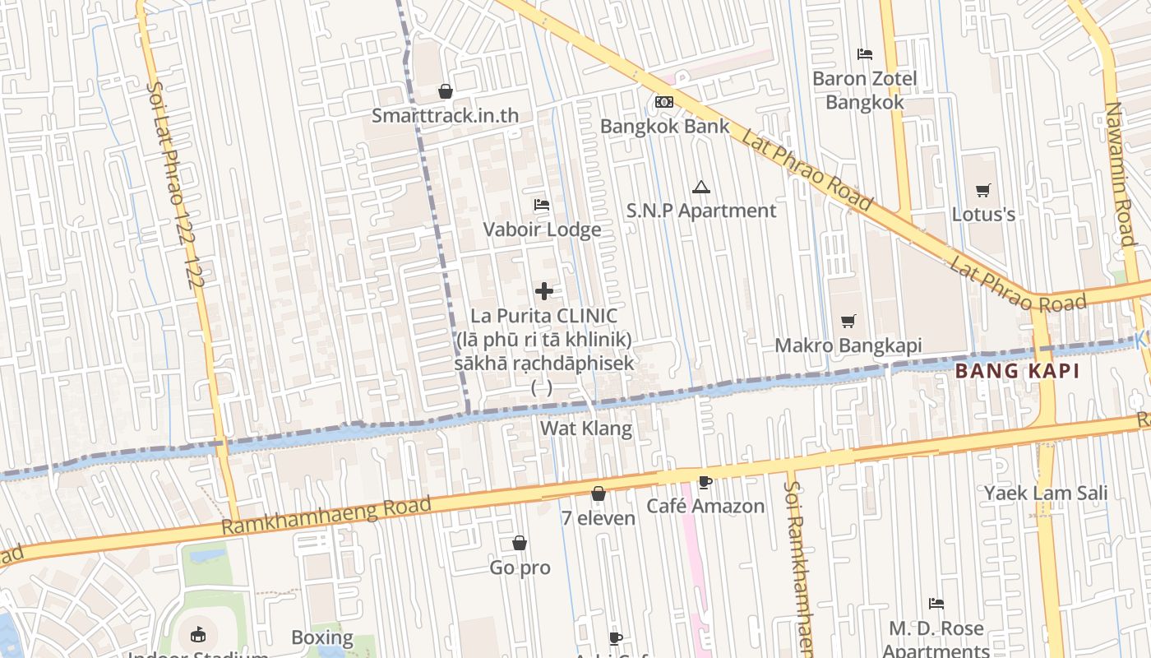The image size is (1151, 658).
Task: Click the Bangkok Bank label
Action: pos(664,126)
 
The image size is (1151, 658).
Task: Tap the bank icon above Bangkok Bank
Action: pos(664,102)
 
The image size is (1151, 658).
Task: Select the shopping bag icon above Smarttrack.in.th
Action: pos(445,90)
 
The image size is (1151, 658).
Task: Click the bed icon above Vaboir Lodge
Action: pos(542,205)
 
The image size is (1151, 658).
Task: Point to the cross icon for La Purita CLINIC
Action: pos(543,291)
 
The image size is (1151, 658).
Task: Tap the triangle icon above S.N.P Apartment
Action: pos(700,187)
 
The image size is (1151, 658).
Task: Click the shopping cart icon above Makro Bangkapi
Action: pos(848,321)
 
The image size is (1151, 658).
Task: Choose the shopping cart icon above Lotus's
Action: pos(982,191)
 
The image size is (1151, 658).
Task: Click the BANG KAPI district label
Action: pos(1017,371)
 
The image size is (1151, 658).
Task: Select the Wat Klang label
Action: pos(586,429)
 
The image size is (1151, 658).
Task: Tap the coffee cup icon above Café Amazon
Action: pos(705,482)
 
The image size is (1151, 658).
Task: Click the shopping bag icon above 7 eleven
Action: pos(599,493)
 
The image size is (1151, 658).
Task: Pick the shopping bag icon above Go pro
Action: pos(520,543)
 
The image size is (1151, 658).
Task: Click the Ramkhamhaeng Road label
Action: pos(326,516)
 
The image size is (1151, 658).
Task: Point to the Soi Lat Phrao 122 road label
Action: pos(174,185)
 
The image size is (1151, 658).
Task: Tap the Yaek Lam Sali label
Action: pos(1047,493)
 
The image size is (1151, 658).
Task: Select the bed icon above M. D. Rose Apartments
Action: pos(936,604)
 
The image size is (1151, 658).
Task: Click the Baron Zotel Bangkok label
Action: pos(864,90)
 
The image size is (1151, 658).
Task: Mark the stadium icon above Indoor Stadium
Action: pos(198,634)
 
